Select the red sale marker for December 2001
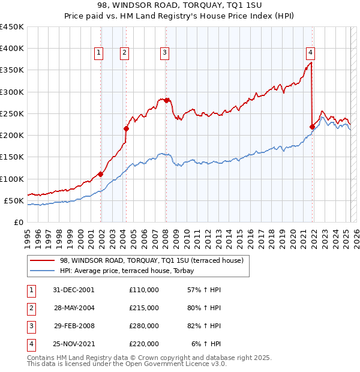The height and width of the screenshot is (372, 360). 101,175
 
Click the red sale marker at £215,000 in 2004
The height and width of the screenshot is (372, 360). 127,128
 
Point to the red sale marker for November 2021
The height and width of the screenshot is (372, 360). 312,127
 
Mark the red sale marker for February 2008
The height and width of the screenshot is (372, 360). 167,100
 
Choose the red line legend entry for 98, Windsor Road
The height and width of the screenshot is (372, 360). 151,260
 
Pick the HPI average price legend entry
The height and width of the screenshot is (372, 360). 131,271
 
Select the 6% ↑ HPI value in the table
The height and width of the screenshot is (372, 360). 207,344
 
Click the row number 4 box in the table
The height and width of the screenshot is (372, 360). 31,344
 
